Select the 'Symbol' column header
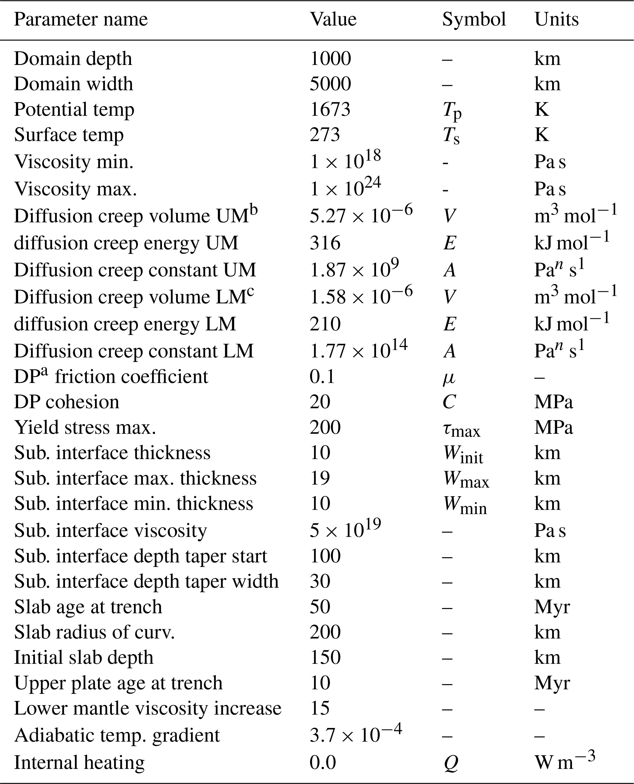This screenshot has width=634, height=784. pos(474,19)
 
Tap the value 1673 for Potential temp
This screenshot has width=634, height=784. pos(330,109)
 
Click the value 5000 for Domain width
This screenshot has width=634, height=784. pos(330,84)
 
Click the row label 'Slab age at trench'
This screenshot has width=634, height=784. pos(88,607)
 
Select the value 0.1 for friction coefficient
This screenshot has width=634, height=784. pos(322,376)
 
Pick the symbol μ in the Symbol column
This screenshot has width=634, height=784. pos(449,378)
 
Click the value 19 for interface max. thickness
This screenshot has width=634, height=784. pos(320,478)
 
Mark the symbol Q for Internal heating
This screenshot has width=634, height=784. pos(451,763)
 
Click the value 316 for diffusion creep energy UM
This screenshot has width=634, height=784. pos(325,243)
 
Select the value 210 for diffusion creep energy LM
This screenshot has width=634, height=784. pos(325,324)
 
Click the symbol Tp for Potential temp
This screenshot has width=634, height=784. pos(452,111)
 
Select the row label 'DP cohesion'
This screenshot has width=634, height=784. pos(67,402)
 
